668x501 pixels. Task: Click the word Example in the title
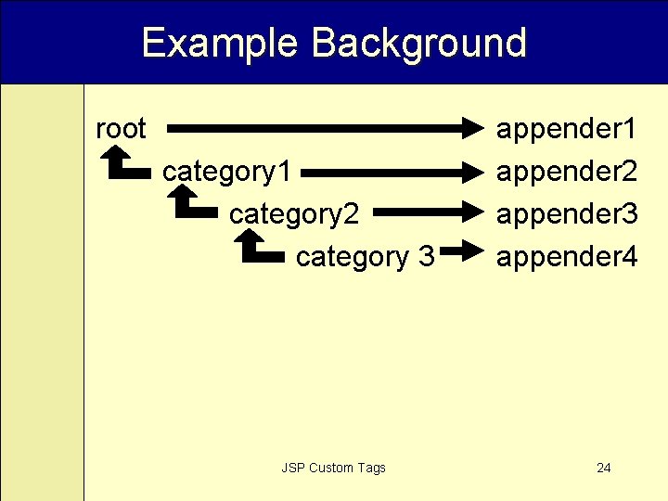click(220, 44)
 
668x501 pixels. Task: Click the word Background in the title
click(419, 44)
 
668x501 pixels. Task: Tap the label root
click(121, 129)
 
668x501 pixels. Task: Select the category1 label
click(227, 172)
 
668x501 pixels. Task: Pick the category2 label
click(294, 214)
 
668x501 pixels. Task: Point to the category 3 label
click(365, 257)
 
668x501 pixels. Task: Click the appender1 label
click(566, 129)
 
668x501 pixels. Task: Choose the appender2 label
click(566, 172)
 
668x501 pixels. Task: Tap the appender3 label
click(566, 214)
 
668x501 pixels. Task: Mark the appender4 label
click(566, 257)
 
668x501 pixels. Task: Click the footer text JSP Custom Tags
click(333, 468)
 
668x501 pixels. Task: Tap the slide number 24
click(604, 468)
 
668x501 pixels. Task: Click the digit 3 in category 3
click(425, 257)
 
